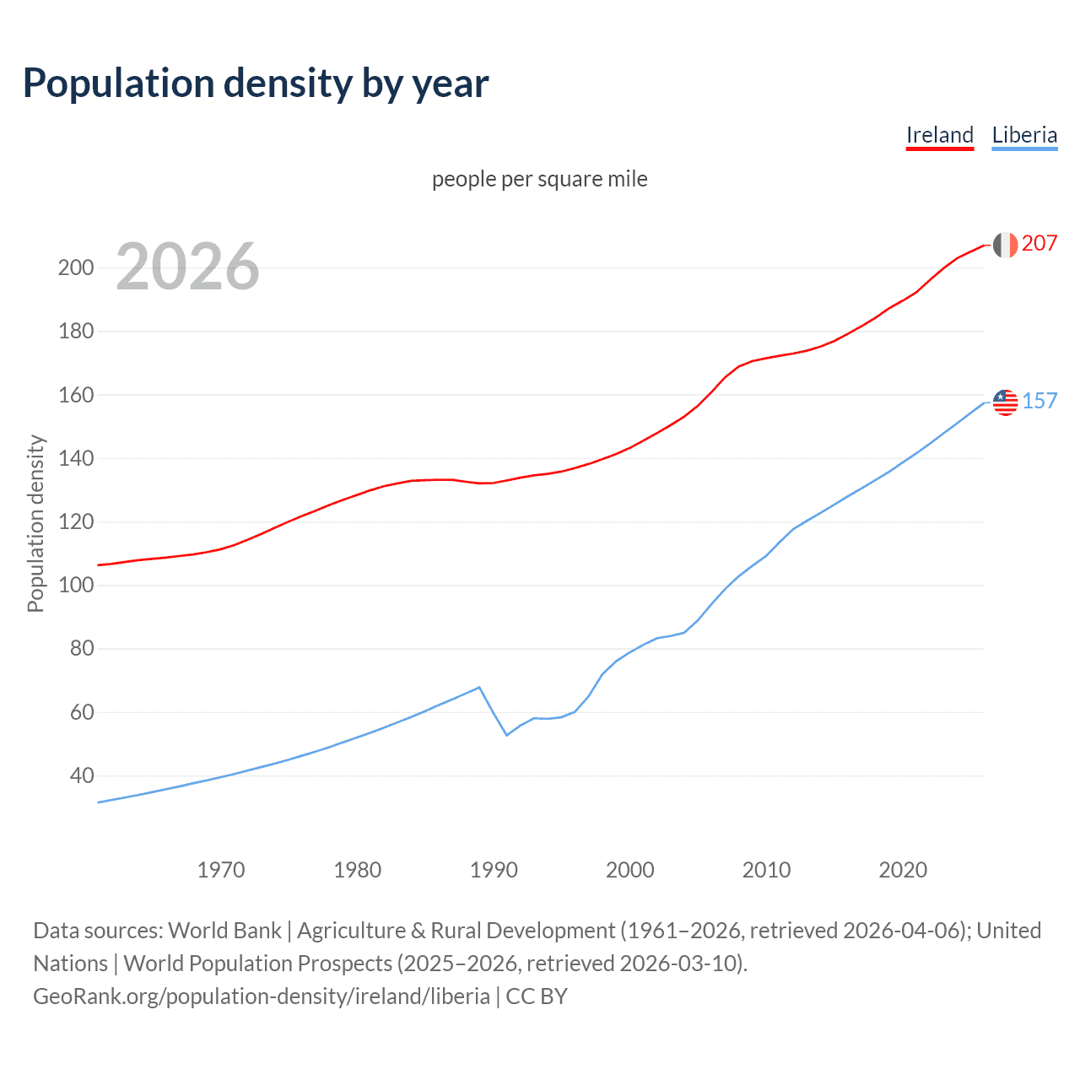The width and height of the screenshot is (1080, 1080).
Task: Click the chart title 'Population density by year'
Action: click(256, 83)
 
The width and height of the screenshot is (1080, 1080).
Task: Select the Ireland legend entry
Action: click(939, 135)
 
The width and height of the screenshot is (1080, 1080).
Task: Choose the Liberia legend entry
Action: click(1024, 135)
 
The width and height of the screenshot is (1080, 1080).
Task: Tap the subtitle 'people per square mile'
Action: click(539, 179)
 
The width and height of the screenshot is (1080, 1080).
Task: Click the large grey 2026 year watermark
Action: click(187, 267)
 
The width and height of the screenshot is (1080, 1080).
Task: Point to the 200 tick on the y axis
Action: click(75, 268)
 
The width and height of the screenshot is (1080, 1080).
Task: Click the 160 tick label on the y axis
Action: click(75, 395)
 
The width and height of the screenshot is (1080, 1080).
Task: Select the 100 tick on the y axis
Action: click(75, 585)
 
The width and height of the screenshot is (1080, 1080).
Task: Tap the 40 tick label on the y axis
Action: click(81, 775)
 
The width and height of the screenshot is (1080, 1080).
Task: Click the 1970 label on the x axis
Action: click(221, 870)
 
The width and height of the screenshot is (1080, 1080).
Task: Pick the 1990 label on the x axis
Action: click(494, 870)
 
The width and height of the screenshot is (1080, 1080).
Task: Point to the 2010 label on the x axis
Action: click(766, 870)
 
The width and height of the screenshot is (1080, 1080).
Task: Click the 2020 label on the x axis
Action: click(903, 870)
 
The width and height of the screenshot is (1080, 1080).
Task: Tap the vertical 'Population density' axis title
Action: click(35, 523)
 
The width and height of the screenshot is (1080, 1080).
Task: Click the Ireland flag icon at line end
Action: click(1005, 245)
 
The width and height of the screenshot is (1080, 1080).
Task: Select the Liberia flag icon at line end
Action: click(1005, 402)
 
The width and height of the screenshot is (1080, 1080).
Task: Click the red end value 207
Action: click(1039, 243)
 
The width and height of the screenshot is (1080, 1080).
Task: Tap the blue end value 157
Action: click(1039, 401)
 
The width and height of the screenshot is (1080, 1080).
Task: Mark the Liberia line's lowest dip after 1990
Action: click(507, 735)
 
